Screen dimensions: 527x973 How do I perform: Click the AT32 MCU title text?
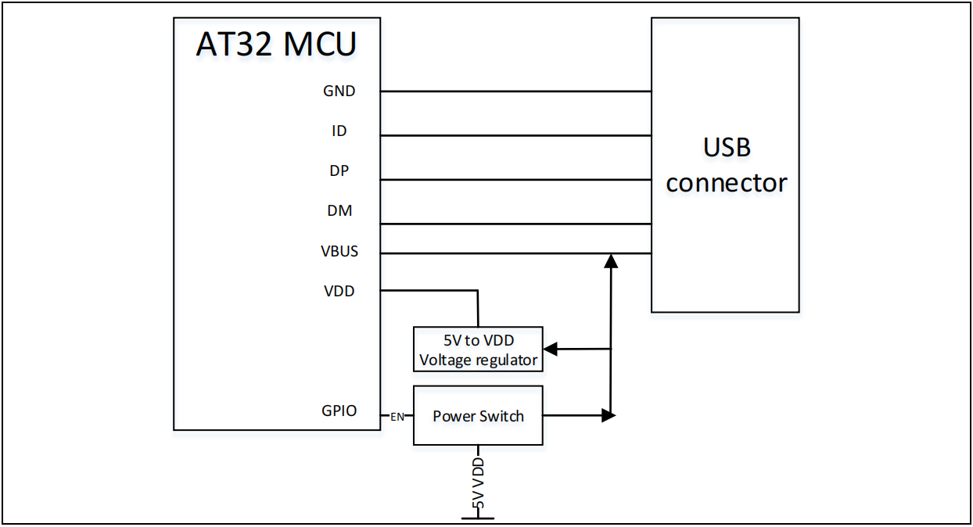276,45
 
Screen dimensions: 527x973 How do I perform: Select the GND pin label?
339,91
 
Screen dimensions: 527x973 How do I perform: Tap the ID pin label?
339,131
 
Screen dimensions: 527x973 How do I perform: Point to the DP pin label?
339,171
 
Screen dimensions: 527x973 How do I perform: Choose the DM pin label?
339,211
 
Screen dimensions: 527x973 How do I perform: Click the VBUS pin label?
339,252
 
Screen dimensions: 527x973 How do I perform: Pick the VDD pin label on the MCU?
339,291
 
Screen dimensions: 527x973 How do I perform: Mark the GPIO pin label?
339,410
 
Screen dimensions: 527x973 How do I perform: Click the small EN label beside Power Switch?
397,417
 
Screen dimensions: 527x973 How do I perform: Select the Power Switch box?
478,416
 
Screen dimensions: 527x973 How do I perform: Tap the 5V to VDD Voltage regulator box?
478,350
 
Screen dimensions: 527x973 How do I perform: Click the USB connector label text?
726,165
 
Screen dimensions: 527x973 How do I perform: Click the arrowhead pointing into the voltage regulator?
551,348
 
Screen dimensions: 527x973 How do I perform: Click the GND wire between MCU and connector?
516,91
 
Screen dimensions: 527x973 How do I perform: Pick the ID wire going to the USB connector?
516,135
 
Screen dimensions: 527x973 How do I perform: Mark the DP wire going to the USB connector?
516,180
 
